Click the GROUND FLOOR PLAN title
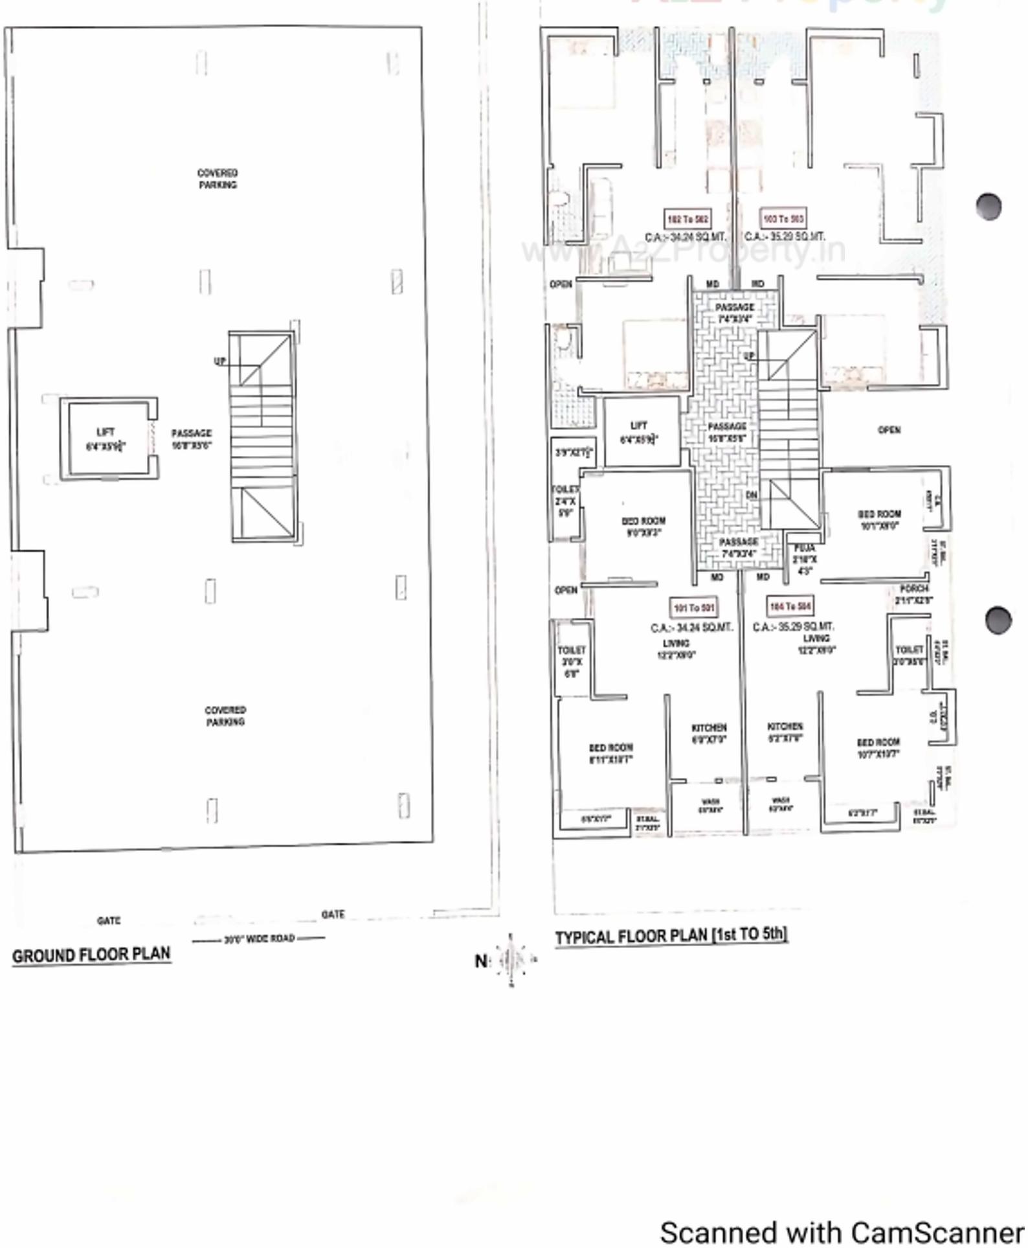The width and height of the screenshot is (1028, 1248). [91, 955]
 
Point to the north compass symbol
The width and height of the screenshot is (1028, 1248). [511, 959]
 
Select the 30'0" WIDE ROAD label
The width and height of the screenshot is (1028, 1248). [259, 938]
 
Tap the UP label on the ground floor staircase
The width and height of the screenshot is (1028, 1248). [220, 361]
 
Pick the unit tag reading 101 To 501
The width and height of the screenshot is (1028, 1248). [694, 607]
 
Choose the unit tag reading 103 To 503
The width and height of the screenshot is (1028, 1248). [783, 219]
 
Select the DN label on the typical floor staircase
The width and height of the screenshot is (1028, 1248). [751, 495]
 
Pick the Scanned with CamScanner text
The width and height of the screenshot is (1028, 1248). [841, 1232]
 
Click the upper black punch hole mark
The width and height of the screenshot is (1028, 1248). [989, 207]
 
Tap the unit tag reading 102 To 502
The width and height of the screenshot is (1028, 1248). [687, 220]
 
